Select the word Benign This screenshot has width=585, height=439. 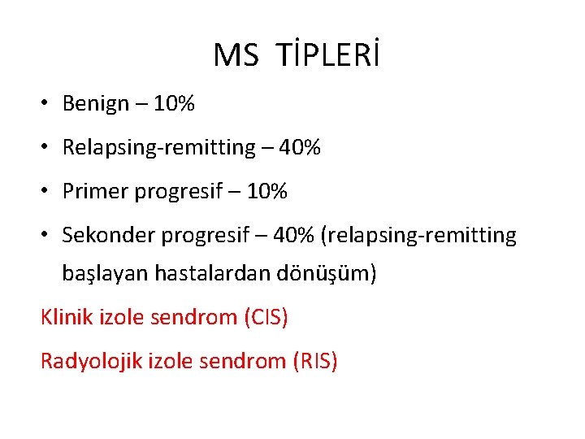(96, 104)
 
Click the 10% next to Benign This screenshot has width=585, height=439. (175, 104)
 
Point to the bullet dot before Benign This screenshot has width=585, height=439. (49, 104)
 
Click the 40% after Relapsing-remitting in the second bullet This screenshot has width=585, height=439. (300, 148)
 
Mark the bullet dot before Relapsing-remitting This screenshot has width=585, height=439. (49, 148)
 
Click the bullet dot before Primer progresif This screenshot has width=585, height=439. (49, 192)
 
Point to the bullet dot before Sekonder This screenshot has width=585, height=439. (49, 236)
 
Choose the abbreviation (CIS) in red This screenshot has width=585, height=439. (265, 316)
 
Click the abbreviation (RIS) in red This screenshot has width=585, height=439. (314, 360)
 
